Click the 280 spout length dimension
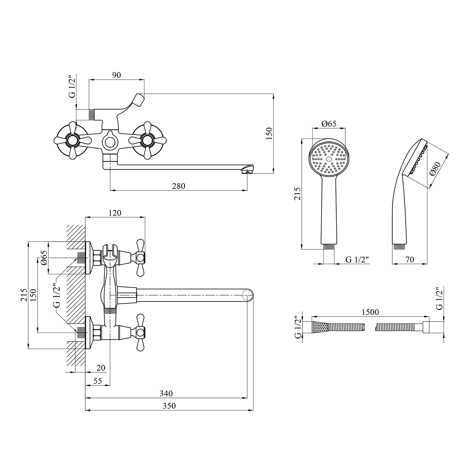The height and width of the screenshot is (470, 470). pyautogui.click(x=179, y=186)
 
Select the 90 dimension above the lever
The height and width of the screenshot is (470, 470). pyautogui.click(x=116, y=75)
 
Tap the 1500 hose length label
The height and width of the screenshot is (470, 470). pyautogui.click(x=370, y=312)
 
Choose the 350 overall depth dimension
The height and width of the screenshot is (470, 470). pyautogui.click(x=169, y=405)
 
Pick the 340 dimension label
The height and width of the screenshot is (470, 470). pyautogui.click(x=166, y=393)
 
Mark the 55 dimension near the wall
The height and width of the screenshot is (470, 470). pyautogui.click(x=98, y=381)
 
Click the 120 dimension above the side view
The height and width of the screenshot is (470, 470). pyautogui.click(x=115, y=213)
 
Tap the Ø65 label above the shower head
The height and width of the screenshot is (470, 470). pyautogui.click(x=329, y=123)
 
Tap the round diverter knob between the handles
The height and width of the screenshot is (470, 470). pyautogui.click(x=110, y=142)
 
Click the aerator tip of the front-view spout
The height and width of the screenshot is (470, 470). pyautogui.click(x=247, y=170)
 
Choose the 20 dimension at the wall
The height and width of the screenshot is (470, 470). pyautogui.click(x=101, y=368)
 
